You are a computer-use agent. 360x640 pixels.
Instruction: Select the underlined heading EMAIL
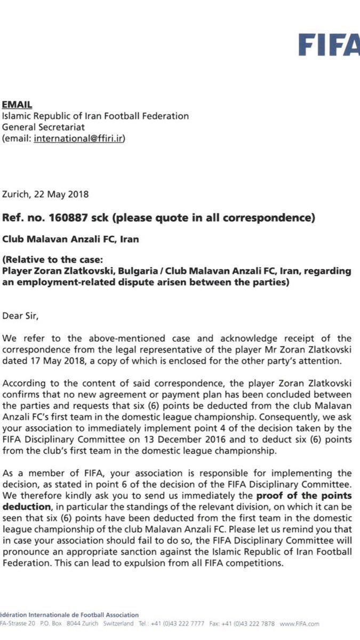pyautogui.click(x=17, y=105)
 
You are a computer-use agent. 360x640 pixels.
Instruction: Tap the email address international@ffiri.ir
pyautogui.click(x=79, y=138)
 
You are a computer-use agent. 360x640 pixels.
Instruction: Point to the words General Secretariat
pyautogui.click(x=44, y=127)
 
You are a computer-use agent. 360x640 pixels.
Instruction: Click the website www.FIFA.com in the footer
pyautogui.click(x=299, y=623)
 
